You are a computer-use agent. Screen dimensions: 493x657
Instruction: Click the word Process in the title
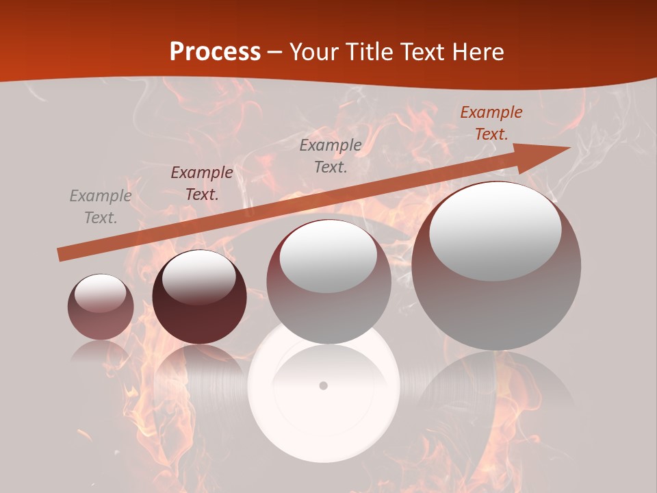[x=215, y=51]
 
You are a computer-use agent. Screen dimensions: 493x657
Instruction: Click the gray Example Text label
[x=101, y=207]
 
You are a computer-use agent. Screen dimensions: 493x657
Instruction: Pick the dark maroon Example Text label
[x=202, y=184]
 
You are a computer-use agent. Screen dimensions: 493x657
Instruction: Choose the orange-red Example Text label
[x=491, y=123]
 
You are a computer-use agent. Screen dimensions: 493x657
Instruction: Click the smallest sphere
[x=101, y=307]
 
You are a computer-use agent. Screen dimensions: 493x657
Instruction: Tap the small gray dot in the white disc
[x=324, y=385]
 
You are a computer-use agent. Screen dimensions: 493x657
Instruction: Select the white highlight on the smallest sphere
[x=100, y=293]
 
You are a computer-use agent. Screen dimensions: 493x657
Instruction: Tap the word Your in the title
[x=312, y=51]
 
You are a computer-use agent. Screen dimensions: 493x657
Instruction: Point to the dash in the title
[x=275, y=53]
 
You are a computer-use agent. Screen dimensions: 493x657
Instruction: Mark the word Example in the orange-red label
[x=491, y=112]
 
